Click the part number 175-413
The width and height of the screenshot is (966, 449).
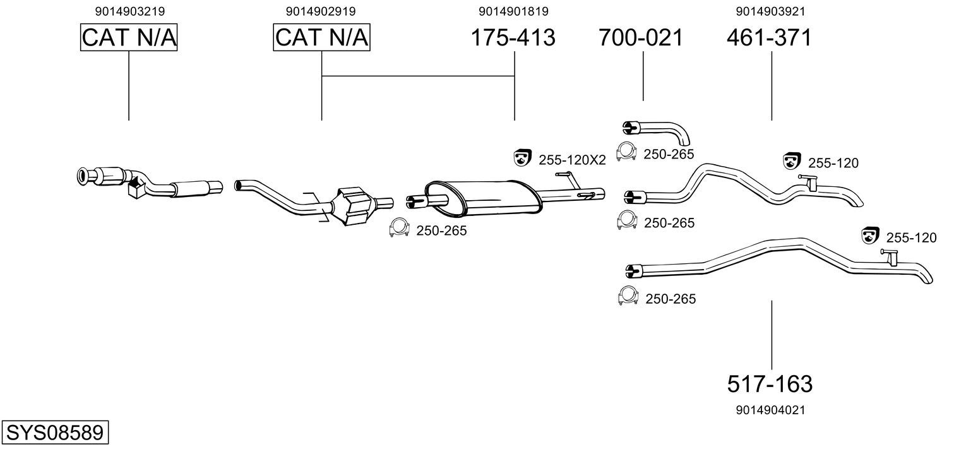tap(513, 38)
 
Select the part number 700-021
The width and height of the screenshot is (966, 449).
tap(641, 38)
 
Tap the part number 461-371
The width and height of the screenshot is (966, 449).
tap(769, 38)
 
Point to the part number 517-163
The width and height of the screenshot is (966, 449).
tap(770, 383)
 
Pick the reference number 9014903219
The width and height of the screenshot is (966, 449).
tap(129, 11)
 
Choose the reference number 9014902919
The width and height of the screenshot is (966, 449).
tap(321, 11)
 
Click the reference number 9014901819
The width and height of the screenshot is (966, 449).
tap(513, 11)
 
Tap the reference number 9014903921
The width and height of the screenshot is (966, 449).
tap(770, 11)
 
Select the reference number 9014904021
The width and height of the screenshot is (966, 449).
tap(770, 410)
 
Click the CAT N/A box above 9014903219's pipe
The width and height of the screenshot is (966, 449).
tap(129, 38)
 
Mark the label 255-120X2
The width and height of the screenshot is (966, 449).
tap(572, 160)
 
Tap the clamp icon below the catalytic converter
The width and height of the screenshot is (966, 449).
tap(398, 227)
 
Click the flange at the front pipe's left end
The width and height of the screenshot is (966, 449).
tap(83, 177)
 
